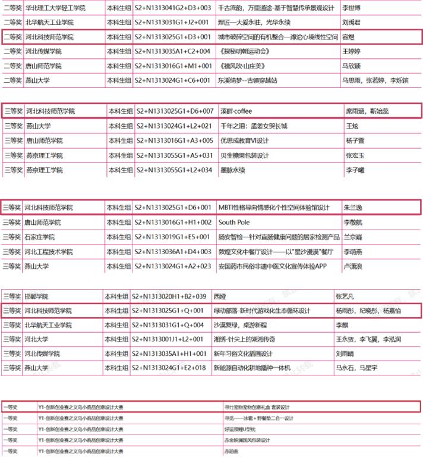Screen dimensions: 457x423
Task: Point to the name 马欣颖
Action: point(351,65)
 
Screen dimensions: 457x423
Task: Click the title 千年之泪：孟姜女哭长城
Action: point(253,126)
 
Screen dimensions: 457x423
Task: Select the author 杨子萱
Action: point(355,140)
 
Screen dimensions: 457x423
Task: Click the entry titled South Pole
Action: point(234,222)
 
